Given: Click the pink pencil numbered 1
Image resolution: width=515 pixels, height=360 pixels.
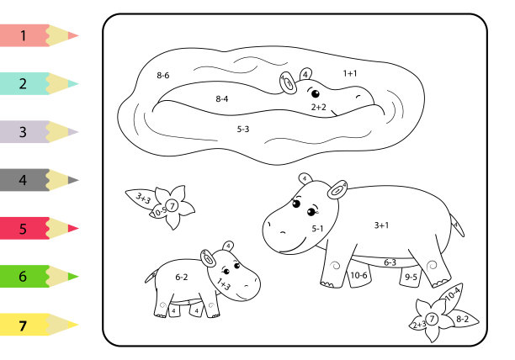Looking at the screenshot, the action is click(x=39, y=35).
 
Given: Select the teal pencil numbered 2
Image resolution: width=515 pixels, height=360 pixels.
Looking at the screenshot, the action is click(x=39, y=83).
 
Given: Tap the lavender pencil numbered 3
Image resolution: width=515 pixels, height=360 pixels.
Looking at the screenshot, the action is click(x=39, y=131).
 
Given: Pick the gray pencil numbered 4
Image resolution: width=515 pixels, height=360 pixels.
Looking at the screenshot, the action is click(x=39, y=180).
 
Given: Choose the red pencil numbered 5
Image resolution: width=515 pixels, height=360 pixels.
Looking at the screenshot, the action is click(x=39, y=228).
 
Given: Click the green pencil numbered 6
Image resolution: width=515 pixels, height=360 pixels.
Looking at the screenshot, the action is click(x=39, y=277).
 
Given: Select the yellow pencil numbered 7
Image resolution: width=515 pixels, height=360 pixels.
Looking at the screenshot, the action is click(x=39, y=325).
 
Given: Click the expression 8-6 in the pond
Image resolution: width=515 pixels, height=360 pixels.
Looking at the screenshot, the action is click(x=163, y=75).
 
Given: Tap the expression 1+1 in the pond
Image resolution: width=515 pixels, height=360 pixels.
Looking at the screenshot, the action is click(x=350, y=73).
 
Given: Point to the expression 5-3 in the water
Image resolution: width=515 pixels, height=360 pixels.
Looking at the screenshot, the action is click(x=243, y=129).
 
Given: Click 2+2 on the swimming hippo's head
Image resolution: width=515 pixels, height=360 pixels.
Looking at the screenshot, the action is click(x=319, y=107).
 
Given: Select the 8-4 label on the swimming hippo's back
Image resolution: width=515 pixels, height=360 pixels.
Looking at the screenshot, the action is click(x=221, y=98).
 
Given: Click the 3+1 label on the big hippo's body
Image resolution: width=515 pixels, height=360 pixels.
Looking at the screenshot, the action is click(x=381, y=225).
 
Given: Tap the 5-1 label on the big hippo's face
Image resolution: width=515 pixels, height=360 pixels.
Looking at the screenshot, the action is click(x=317, y=229).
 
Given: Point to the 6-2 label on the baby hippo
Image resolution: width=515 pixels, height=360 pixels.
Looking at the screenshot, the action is click(x=181, y=277).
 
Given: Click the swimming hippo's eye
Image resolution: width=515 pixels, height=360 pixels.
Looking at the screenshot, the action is click(x=316, y=94).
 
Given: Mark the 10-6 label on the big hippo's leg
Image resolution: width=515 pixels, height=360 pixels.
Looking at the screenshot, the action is click(x=358, y=275).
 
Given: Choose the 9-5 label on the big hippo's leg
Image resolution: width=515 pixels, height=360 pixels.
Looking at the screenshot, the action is click(x=411, y=277).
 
